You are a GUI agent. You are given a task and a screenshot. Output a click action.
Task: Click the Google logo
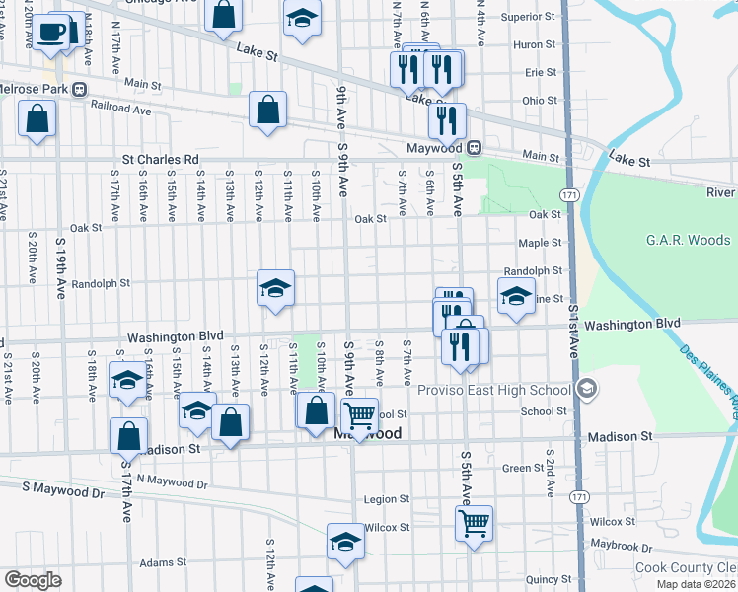(33, 580)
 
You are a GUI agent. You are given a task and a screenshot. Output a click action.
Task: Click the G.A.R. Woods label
(688, 240)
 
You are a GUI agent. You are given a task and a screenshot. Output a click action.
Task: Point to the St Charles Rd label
(161, 159)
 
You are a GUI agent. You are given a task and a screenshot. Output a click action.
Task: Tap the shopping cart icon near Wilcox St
(475, 522)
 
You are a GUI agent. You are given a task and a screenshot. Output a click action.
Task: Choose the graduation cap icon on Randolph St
(276, 288)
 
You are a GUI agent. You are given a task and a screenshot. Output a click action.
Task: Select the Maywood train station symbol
(475, 147)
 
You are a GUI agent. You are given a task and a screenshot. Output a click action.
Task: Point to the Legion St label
(386, 499)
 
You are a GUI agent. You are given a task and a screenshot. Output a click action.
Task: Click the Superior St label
(528, 17)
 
